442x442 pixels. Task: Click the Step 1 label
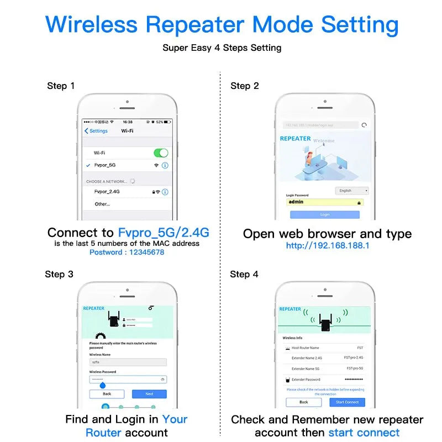tap(61, 86)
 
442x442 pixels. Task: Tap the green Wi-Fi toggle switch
tap(161, 152)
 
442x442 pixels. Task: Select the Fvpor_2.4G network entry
tap(107, 192)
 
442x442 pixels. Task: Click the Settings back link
tap(96, 131)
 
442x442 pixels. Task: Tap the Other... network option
tap(102, 204)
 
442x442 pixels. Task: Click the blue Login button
tap(324, 214)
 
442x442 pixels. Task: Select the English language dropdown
tap(351, 191)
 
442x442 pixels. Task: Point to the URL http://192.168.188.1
tap(328, 245)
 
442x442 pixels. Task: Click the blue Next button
tap(149, 394)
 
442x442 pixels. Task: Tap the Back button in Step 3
tap(107, 394)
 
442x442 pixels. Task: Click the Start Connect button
tap(347, 402)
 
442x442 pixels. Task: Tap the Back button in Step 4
tap(303, 402)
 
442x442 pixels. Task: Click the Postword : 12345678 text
tap(127, 252)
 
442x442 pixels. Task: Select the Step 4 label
tap(244, 274)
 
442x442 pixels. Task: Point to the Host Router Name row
tap(324, 348)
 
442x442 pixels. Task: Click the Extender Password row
tap(324, 380)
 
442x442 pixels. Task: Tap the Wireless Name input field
tap(128, 362)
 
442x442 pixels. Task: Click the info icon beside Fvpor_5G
tap(165, 165)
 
